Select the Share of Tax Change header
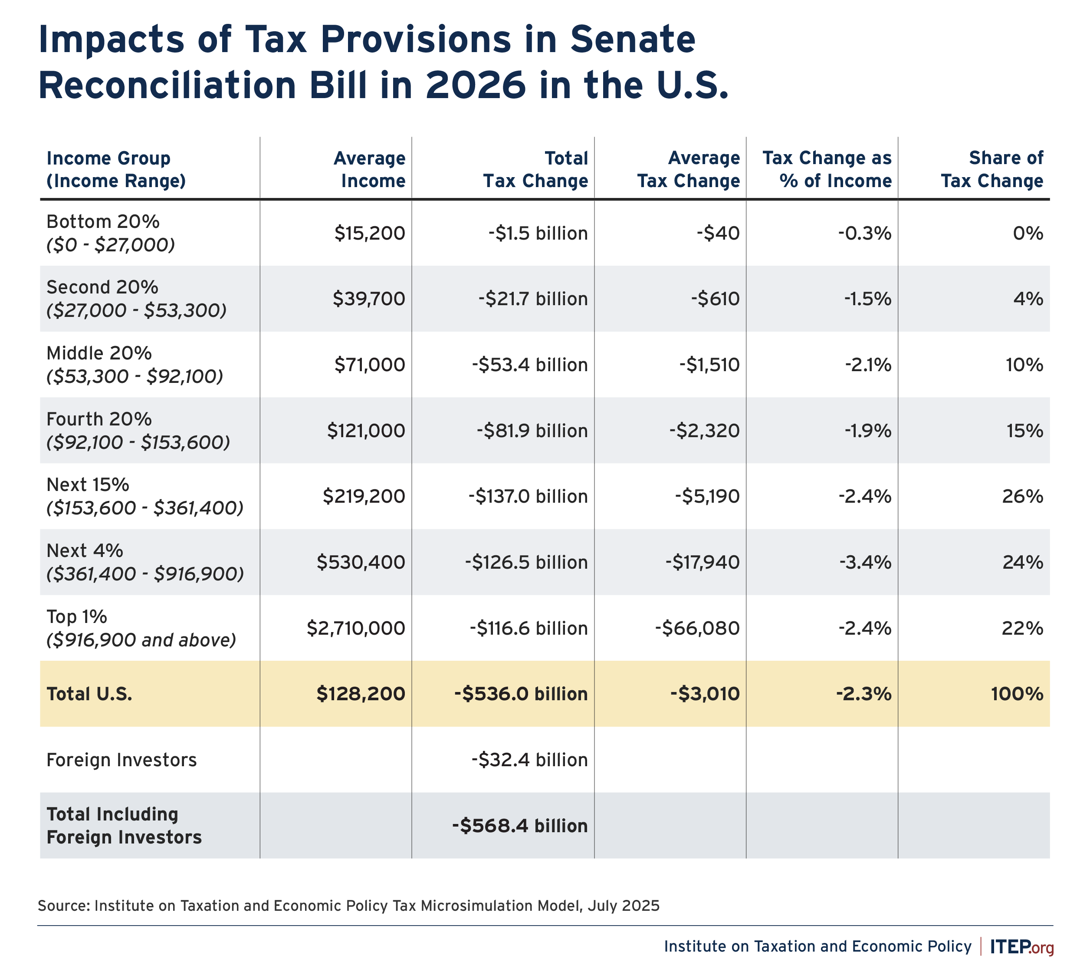pyautogui.click(x=992, y=169)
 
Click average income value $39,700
pyautogui.click(x=369, y=299)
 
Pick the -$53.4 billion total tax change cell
pyautogui.click(x=529, y=365)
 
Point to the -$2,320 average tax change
pyautogui.click(x=705, y=431)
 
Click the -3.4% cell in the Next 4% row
pyautogui.click(x=864, y=562)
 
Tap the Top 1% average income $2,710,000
pyautogui.click(x=356, y=628)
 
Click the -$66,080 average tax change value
pyautogui.click(x=698, y=628)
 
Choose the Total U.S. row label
pyautogui.click(x=89, y=694)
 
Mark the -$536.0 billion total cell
pyautogui.click(x=521, y=694)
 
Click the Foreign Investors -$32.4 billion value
pyautogui.click(x=529, y=759)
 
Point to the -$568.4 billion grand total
pyautogui.click(x=520, y=826)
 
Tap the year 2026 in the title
pyautogui.click(x=476, y=86)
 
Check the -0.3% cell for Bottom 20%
pyautogui.click(x=865, y=234)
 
